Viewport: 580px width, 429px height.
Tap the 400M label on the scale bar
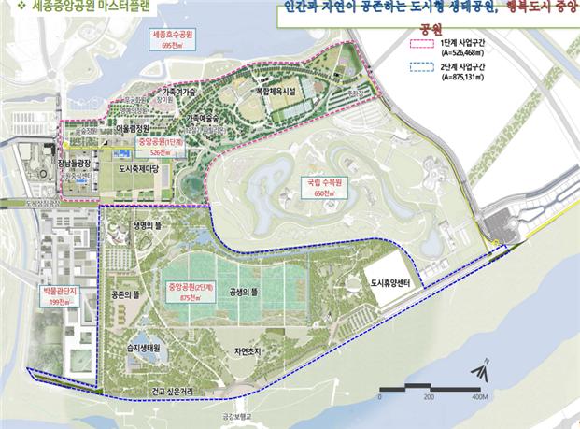(x=479, y=397)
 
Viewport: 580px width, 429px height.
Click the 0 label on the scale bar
(x=379, y=397)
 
